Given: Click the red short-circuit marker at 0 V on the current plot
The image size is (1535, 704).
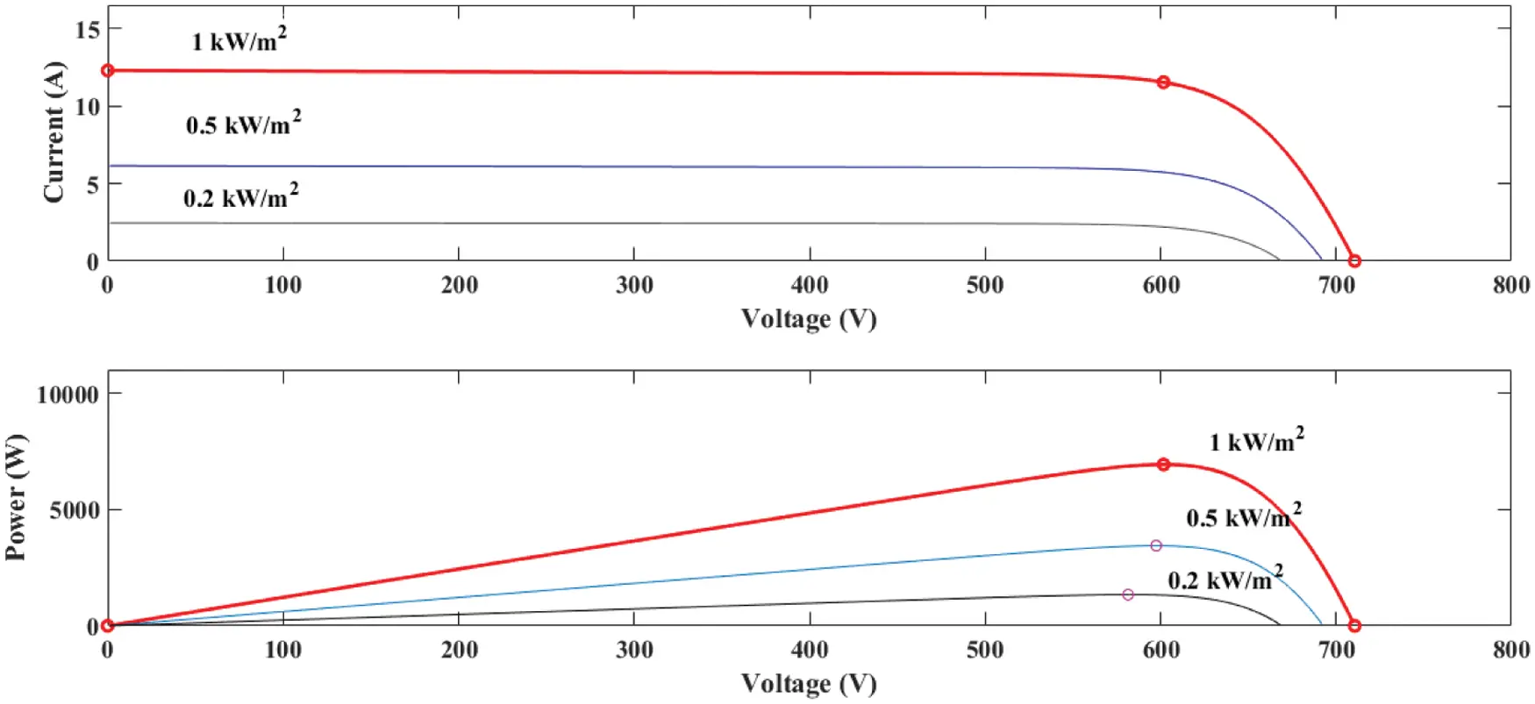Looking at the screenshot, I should click(108, 70).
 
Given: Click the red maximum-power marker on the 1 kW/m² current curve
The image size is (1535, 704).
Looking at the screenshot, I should click(1163, 82).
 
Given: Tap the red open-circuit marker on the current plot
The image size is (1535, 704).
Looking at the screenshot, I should click(1354, 261).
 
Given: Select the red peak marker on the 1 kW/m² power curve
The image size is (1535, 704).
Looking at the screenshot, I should click(1163, 465).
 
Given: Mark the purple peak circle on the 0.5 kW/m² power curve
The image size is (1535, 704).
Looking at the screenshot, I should click(1156, 545).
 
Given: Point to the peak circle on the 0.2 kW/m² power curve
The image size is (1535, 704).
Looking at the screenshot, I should click(1128, 594).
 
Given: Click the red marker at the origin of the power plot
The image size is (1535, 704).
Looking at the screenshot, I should click(108, 626).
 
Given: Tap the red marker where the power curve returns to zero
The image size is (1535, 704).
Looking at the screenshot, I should click(1354, 626).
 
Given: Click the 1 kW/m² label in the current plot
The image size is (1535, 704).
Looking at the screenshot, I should click(239, 40).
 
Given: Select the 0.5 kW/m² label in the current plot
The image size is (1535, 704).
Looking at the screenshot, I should click(243, 124).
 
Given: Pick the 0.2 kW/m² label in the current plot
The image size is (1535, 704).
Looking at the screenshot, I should click(240, 196).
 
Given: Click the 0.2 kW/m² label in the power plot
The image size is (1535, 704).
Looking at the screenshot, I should click(1224, 579).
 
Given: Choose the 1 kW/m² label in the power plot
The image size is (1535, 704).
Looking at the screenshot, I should click(1256, 440).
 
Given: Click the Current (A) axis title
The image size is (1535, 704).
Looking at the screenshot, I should click(54, 132).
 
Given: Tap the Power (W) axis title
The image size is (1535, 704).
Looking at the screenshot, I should click(16, 497).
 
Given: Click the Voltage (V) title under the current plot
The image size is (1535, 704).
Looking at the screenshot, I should click(809, 318).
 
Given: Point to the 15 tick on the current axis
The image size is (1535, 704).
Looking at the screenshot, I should click(88, 30).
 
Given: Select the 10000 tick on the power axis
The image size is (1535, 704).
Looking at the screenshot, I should click(68, 395).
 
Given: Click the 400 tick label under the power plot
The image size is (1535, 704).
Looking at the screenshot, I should click(809, 650).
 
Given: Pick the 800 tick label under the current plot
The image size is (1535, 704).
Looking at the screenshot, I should click(1510, 285).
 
